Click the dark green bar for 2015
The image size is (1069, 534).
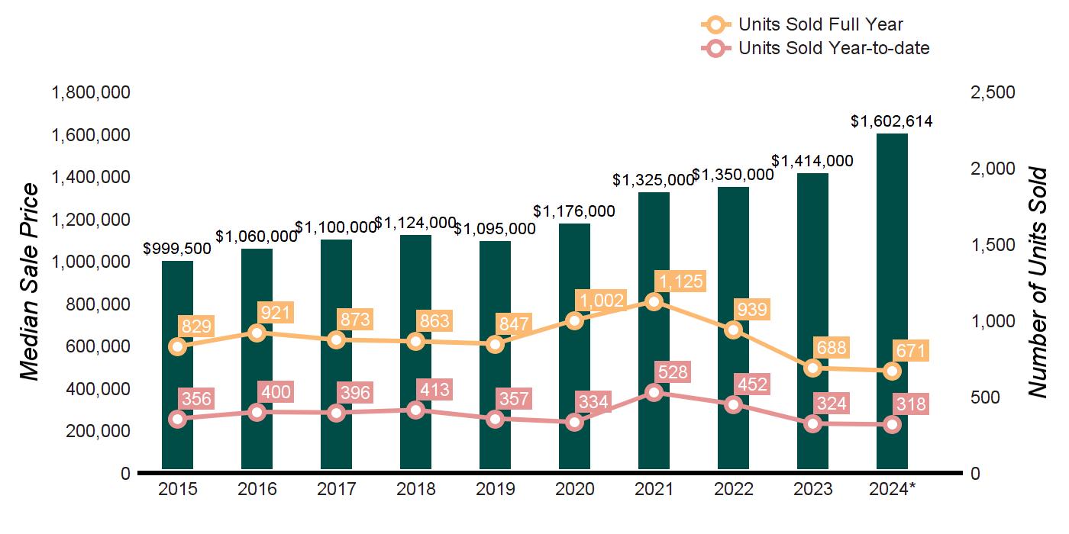(177, 366)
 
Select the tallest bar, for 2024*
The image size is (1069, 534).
(892, 305)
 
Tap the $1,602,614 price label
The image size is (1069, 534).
(892, 121)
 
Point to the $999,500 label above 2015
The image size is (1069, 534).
(178, 249)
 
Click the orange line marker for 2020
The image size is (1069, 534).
(575, 320)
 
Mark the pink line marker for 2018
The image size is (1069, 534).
(416, 410)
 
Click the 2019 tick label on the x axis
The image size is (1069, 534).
(496, 489)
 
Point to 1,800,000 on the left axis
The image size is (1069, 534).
(90, 92)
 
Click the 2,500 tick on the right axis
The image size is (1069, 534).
(993, 92)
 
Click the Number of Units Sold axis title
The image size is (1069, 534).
(1037, 282)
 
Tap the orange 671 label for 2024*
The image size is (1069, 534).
(911, 352)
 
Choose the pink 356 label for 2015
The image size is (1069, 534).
(196, 399)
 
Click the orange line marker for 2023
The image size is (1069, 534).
(813, 368)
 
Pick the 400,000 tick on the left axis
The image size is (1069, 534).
(90, 389)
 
